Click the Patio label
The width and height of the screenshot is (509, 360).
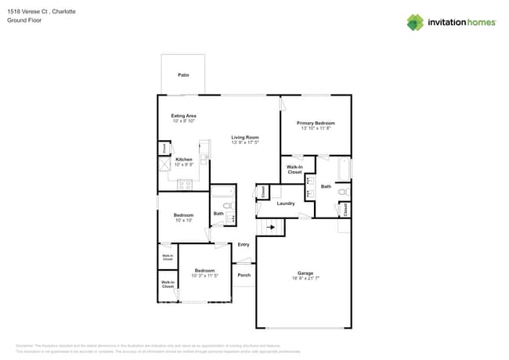click(x=183, y=75)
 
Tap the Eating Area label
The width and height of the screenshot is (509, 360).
click(x=183, y=116)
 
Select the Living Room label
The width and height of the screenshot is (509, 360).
click(x=244, y=137)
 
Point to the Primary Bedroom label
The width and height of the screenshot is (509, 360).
click(x=316, y=123)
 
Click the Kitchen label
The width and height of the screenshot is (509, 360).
click(x=183, y=160)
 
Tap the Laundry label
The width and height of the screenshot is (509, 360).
click(x=285, y=203)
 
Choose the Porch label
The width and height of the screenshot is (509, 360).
click(x=244, y=275)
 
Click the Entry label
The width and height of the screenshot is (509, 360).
click(x=244, y=245)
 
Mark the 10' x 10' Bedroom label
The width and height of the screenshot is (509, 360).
click(x=183, y=215)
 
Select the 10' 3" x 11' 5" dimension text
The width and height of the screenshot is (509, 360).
click(x=204, y=275)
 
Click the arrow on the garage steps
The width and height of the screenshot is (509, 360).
click(x=272, y=227)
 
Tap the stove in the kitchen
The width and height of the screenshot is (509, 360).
click(x=185, y=185)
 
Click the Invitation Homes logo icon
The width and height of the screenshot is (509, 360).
click(x=414, y=23)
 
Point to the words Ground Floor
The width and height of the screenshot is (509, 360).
click(x=24, y=20)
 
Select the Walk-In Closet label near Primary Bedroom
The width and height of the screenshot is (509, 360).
click(x=294, y=169)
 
